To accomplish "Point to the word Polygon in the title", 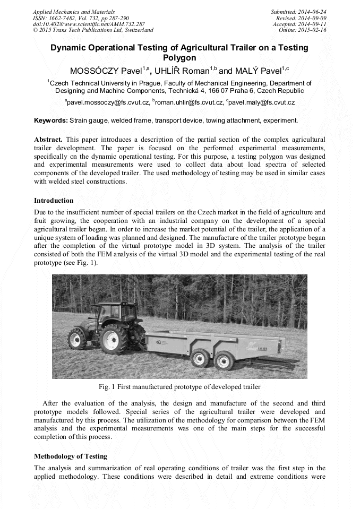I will click(x=179, y=57).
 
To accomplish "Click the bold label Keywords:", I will click(x=51, y=120).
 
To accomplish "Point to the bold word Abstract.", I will click(x=48, y=139).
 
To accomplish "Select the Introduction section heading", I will click(x=54, y=201).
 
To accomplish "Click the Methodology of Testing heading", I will click(x=71, y=456).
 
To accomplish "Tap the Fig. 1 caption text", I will click(x=179, y=386).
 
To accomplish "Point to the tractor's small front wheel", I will click(x=77, y=338).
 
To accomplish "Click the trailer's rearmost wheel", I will click(x=225, y=359).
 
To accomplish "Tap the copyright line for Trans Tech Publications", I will click(x=93, y=30).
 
